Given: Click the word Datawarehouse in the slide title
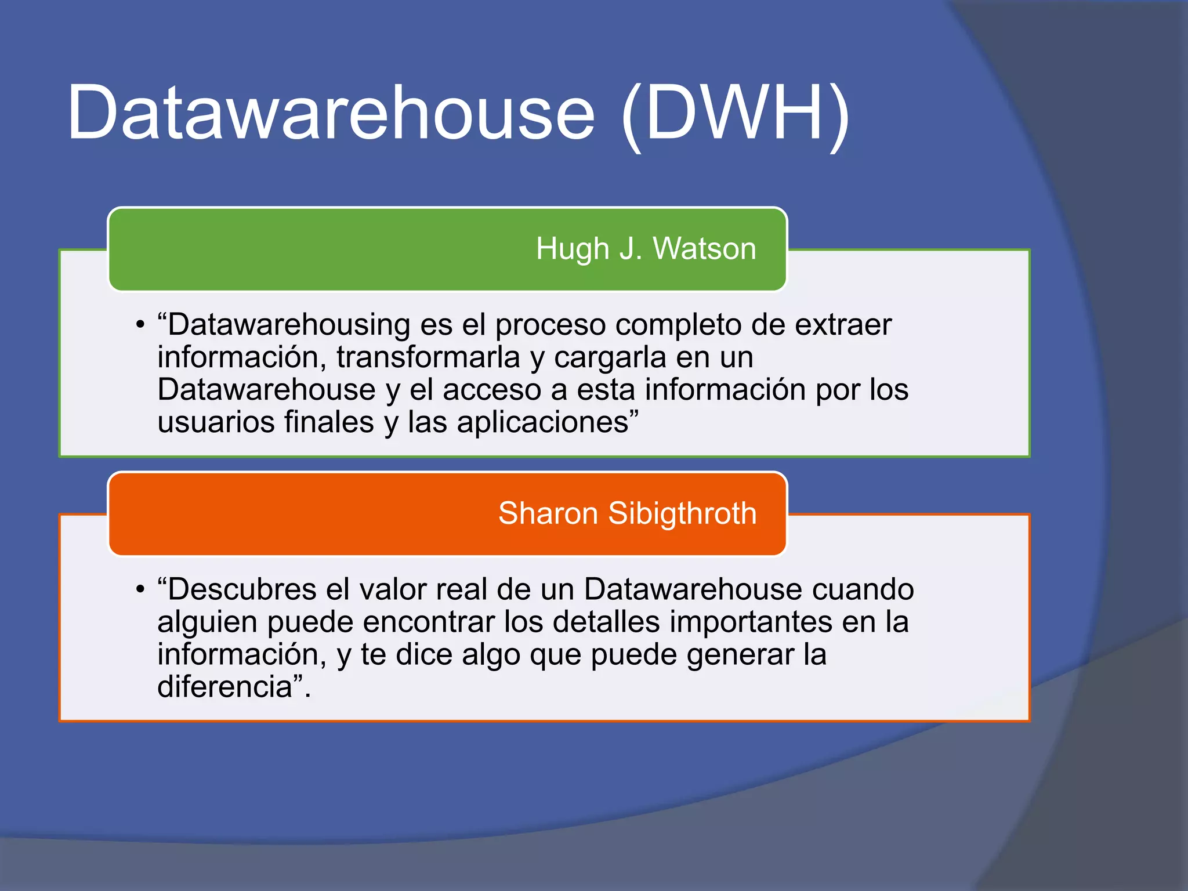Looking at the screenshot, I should click(331, 113).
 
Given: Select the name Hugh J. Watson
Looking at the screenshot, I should click(646, 249).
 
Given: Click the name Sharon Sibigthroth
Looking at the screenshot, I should click(627, 513).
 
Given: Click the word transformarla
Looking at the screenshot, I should click(428, 357).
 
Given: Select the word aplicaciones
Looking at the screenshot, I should click(543, 423).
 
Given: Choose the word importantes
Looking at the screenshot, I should click(751, 622).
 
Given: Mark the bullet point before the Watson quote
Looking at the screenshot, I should click(140, 325).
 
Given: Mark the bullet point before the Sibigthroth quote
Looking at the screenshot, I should click(140, 590).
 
